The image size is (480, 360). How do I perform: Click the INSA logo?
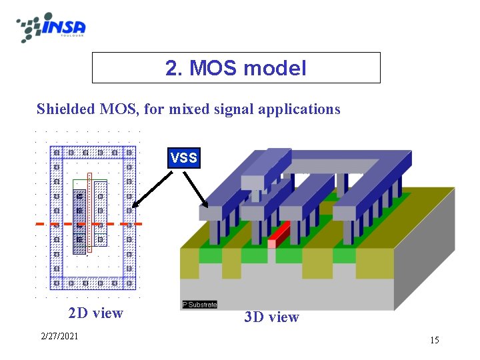[x=51, y=27]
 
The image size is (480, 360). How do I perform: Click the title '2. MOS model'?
[x=236, y=68]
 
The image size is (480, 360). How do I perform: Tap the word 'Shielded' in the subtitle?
[x=62, y=109]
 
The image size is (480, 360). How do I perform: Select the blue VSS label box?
[x=183, y=158]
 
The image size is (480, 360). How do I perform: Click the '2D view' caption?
[x=95, y=313]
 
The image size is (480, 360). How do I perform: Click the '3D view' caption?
[x=271, y=317]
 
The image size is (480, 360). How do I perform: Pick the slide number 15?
[x=434, y=341]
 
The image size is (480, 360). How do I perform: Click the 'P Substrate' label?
[x=200, y=305]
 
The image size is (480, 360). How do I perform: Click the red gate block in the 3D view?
[x=279, y=233]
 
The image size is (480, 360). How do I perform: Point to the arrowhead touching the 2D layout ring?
[x=134, y=206]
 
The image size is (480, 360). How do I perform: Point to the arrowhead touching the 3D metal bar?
[x=206, y=203]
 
